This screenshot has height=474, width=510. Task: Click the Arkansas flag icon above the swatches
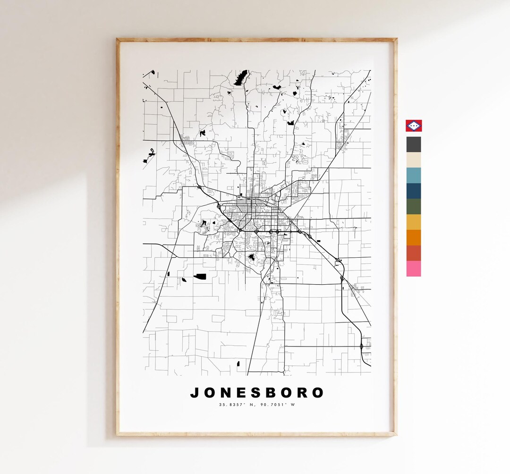(x=414, y=125)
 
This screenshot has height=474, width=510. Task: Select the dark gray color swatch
(x=414, y=144)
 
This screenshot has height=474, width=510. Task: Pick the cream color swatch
(x=414, y=160)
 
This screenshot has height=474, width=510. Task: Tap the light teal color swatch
(x=414, y=175)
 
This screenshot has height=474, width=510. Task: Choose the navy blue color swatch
(x=414, y=191)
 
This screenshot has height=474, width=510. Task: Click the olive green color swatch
(x=414, y=206)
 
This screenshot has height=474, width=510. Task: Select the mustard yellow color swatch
(x=414, y=222)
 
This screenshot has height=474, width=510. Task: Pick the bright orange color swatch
(x=414, y=237)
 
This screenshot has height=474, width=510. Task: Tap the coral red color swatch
(x=414, y=253)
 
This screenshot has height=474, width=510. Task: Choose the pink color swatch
(x=414, y=269)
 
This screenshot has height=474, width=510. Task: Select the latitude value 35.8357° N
(x=236, y=405)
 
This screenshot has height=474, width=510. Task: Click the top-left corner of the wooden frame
(x=118, y=40)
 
